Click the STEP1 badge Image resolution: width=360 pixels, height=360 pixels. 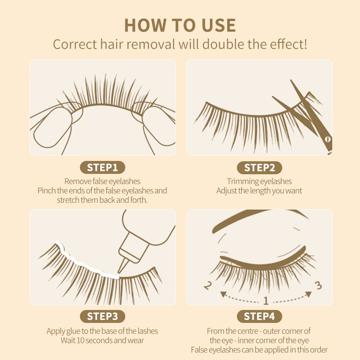(102, 167)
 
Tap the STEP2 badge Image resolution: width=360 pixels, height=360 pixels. (260, 168)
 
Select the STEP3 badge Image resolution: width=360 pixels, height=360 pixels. (102, 316)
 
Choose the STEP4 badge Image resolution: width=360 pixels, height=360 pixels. (260, 316)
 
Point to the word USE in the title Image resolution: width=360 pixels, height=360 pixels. (219, 25)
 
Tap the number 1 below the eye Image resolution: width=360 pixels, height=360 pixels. (266, 300)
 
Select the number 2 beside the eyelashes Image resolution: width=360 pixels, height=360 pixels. (208, 285)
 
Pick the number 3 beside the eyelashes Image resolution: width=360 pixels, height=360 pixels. (318, 285)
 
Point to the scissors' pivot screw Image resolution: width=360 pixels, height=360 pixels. (328, 139)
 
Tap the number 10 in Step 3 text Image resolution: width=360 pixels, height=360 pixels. (81, 340)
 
